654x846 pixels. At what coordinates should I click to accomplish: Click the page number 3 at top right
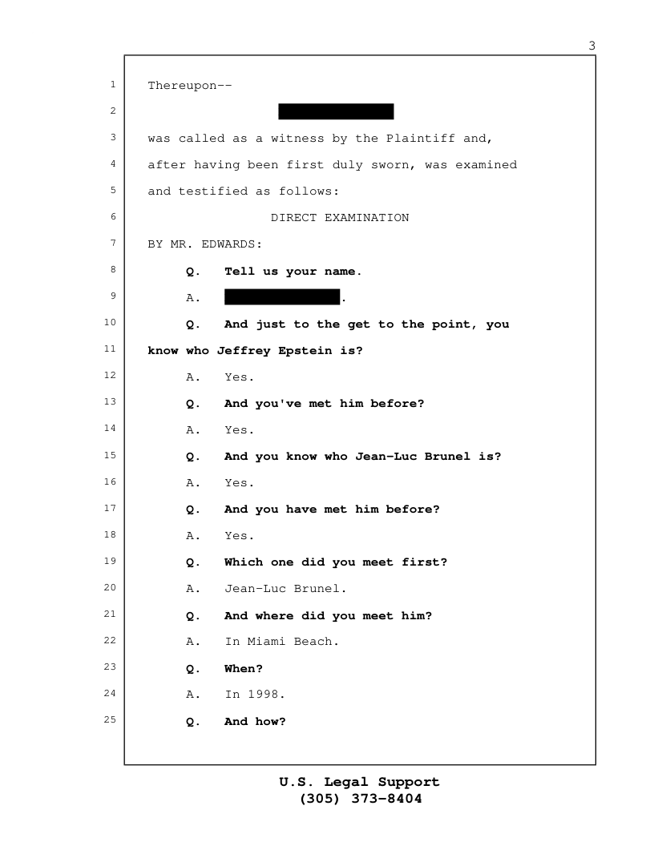pyautogui.click(x=592, y=46)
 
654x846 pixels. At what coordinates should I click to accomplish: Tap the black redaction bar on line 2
pyautogui.click(x=336, y=111)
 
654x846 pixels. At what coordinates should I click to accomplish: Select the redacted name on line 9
pyautogui.click(x=282, y=296)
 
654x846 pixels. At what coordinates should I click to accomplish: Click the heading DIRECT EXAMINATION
pyautogui.click(x=340, y=218)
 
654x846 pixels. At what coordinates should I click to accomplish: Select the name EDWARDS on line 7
pyautogui.click(x=231, y=244)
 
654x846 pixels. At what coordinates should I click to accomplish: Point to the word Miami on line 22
pyautogui.click(x=267, y=642)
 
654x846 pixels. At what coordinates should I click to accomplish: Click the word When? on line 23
pyautogui.click(x=244, y=668)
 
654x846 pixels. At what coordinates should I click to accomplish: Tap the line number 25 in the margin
pyautogui.click(x=110, y=719)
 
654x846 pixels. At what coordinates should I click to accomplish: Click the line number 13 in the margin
pyautogui.click(x=110, y=402)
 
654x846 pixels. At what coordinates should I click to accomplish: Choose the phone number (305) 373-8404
pyautogui.click(x=361, y=799)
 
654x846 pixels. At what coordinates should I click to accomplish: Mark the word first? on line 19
pyautogui.click(x=425, y=562)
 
